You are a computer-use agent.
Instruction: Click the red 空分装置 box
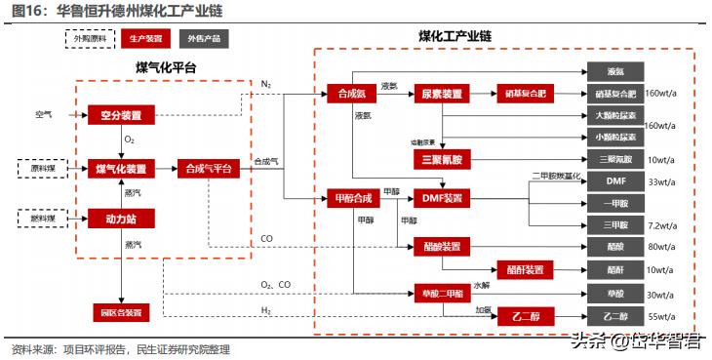tap(121, 116)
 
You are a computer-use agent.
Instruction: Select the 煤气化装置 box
tap(121, 169)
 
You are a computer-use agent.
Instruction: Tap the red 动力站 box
tap(121, 219)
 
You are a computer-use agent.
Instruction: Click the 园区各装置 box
tap(121, 313)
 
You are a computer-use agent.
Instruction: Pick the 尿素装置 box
tap(442, 94)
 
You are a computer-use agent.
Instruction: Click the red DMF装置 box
tap(442, 199)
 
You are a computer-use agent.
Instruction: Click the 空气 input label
tap(43, 116)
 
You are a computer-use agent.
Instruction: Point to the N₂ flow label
tap(266, 85)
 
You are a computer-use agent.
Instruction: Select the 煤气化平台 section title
tap(165, 66)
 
